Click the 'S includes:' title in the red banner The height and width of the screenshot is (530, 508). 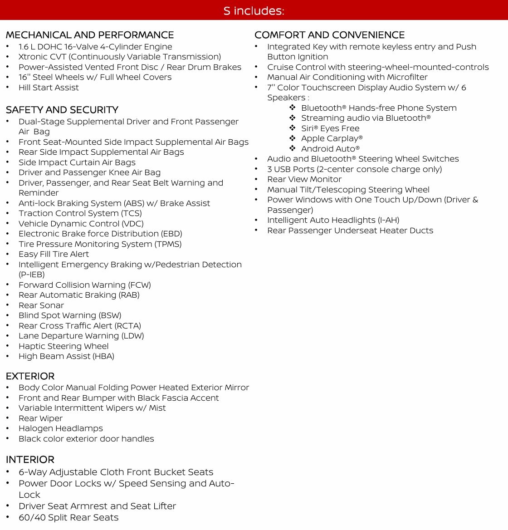coord(254,10)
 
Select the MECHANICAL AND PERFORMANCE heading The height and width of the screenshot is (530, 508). coord(90,35)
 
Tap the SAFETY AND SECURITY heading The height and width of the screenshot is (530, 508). coord(62,110)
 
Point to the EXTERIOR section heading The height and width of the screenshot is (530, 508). coord(30,376)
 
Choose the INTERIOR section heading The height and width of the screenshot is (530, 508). coord(30,460)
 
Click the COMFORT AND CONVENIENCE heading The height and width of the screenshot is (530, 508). coord(329,35)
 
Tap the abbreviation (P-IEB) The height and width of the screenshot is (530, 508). coord(32,275)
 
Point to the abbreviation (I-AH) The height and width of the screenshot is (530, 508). coord(389,220)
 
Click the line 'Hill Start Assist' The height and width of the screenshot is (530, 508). coord(49,88)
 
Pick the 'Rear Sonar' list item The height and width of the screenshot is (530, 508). coord(41,305)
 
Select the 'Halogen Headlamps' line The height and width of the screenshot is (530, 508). coord(61,428)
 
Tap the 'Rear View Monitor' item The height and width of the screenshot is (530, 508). coord(304,179)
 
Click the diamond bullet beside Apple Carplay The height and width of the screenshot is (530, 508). coord(293,138)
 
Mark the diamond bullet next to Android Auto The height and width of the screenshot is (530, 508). coord(293,148)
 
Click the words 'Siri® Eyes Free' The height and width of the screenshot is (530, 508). coord(330,128)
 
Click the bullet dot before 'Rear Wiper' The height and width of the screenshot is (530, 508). coord(8,418)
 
